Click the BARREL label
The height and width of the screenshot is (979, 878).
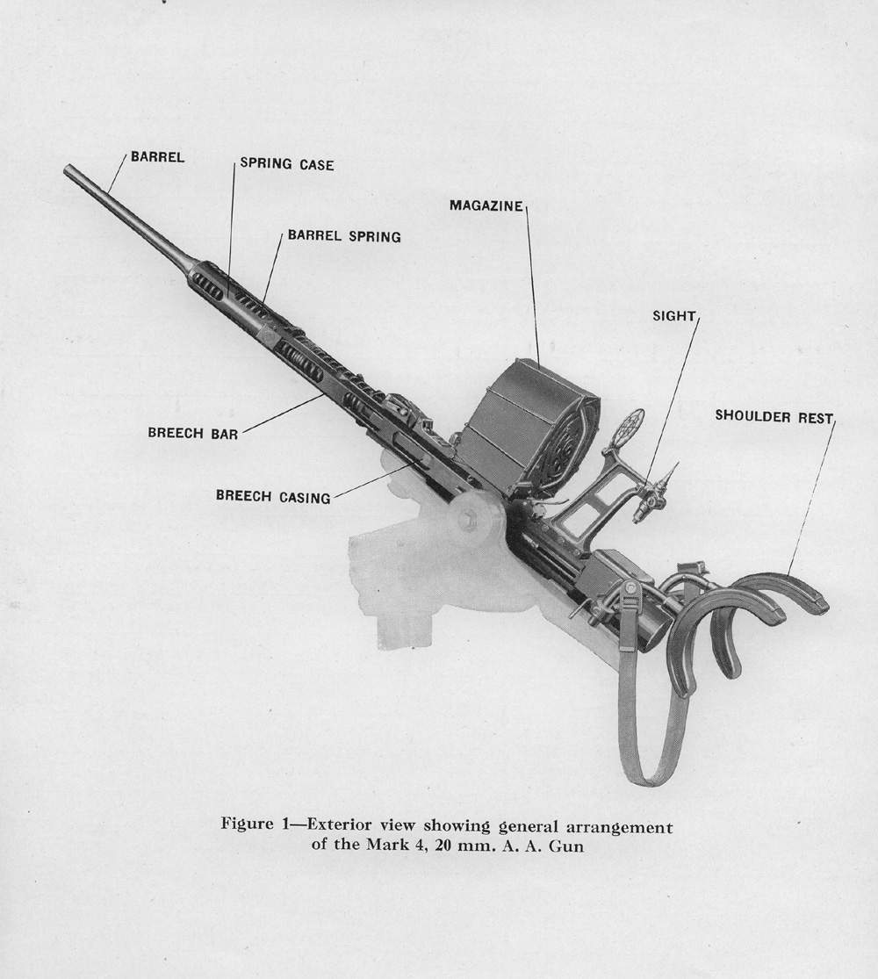[x=157, y=158]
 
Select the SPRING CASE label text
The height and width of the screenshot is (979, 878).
[x=287, y=164]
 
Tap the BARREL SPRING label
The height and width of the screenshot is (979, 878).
[x=344, y=236]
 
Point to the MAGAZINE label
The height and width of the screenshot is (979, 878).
[x=486, y=205]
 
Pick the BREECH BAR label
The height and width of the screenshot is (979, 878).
[x=193, y=432]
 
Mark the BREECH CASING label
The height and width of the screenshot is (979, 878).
[x=273, y=497]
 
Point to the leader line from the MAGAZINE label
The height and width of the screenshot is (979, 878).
[x=533, y=281]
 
